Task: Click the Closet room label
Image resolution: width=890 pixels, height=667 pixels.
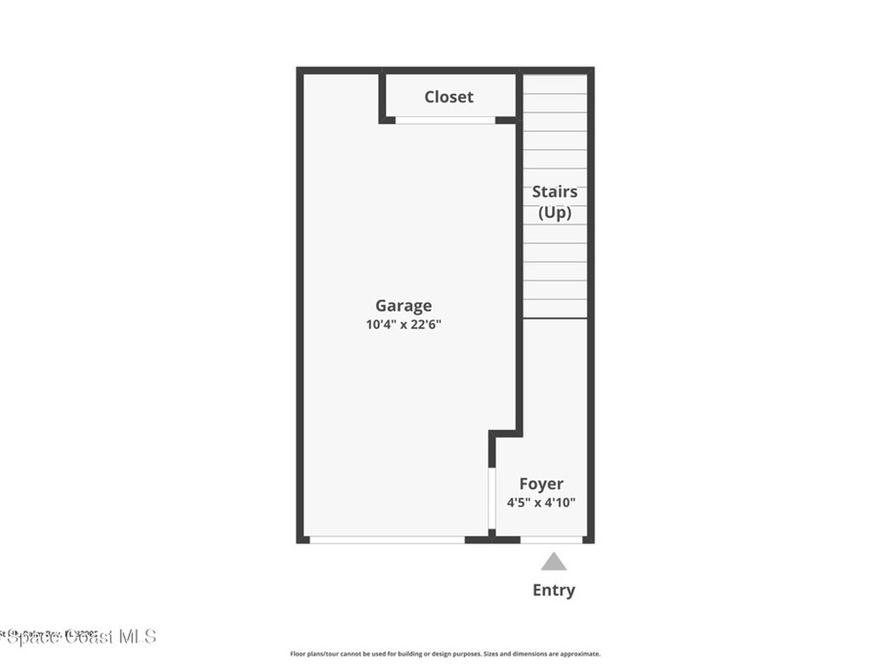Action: (448, 96)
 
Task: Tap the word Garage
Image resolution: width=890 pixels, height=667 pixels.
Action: (403, 306)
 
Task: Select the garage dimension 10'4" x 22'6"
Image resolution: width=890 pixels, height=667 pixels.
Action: (403, 325)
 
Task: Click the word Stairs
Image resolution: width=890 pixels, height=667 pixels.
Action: (555, 192)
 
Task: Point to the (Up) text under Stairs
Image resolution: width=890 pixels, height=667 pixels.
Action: (555, 212)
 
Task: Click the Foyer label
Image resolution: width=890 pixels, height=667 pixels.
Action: (541, 484)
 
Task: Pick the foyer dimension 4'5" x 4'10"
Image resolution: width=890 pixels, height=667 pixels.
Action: (541, 502)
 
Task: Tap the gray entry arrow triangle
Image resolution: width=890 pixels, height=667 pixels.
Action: (554, 562)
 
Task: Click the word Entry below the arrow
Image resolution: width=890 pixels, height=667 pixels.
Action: (554, 591)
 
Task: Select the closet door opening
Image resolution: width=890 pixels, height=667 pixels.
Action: (445, 120)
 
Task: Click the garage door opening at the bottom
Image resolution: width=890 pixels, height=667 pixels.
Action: (387, 539)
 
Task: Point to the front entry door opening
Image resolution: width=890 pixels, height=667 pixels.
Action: (551, 539)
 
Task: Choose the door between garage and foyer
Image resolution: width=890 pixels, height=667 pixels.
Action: (492, 498)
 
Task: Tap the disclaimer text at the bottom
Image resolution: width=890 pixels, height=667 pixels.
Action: (445, 654)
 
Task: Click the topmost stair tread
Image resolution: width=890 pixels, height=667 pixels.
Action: (555, 84)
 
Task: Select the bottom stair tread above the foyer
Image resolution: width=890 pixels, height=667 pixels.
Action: (555, 308)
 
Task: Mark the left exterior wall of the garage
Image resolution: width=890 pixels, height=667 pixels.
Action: (300, 304)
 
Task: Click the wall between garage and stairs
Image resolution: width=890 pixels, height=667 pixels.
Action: (520, 261)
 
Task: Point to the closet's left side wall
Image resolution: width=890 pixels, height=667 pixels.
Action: (382, 96)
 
